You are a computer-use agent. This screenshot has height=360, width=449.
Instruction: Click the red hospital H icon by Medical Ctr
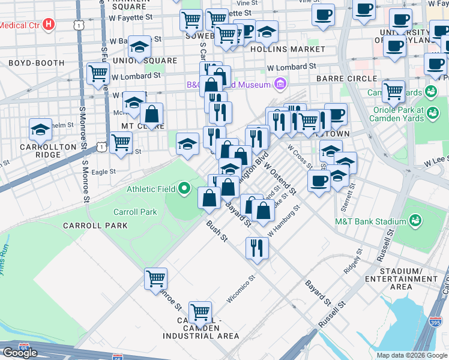coord(50,25)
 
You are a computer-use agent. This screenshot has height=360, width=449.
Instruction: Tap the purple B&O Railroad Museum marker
coord(279,85)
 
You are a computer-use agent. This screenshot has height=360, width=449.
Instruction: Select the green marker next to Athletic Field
coord(185,190)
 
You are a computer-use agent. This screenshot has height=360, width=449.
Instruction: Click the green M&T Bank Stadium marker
coord(415,221)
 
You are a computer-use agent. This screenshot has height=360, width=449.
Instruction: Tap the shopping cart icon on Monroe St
coord(155,279)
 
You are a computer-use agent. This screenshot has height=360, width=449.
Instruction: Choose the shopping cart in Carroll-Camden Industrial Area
coord(200,312)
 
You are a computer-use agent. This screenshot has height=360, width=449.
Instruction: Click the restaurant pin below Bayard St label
coord(257,247)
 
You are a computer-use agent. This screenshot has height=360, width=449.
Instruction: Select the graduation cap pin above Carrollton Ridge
coord(41,129)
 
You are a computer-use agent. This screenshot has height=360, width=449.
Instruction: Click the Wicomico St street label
coord(242,290)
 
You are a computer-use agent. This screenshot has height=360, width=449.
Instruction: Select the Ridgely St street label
coord(353,262)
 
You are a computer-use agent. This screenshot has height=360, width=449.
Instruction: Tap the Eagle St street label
coord(103,172)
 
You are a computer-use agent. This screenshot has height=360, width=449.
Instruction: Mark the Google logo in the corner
coord(20,353)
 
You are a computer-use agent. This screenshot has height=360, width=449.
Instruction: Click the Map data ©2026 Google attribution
coord(412,355)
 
